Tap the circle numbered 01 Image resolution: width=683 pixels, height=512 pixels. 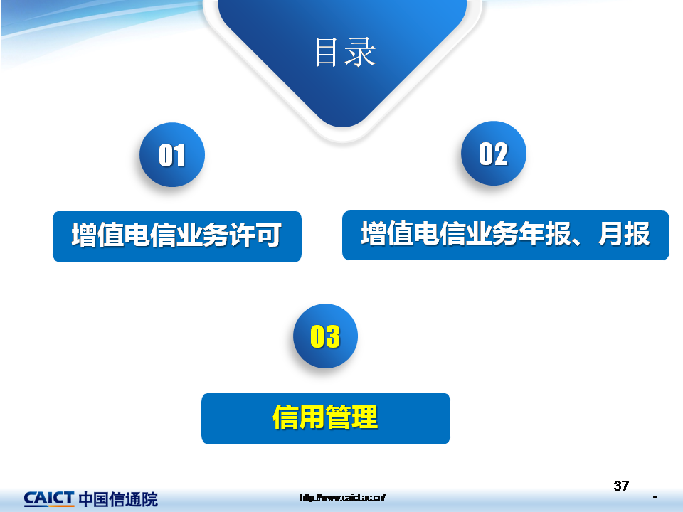[172, 155]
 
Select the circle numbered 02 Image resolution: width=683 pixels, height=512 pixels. [494, 154]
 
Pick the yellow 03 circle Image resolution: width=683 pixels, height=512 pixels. [325, 336]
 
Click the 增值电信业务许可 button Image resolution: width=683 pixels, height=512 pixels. [177, 236]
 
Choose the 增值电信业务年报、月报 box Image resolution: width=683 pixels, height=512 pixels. [506, 235]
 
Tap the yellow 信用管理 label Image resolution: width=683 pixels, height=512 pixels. [325, 417]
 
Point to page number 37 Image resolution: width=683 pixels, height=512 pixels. [621, 486]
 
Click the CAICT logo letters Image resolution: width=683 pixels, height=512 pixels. [49, 498]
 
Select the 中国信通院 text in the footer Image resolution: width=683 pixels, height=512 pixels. [119, 499]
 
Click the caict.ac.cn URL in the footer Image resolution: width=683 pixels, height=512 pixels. [342, 497]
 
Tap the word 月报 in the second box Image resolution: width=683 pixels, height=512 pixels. [624, 234]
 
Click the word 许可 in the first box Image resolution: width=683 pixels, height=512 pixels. [255, 235]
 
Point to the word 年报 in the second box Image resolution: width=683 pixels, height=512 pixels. [544, 234]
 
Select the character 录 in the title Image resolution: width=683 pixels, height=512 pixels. [361, 52]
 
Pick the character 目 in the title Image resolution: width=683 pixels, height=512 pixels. [326, 52]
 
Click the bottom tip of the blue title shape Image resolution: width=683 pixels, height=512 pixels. [343, 127]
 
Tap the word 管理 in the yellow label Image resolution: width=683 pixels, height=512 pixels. [351, 417]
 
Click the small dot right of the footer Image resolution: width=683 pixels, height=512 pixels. [655, 497]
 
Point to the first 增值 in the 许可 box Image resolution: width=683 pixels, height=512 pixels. [97, 235]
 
